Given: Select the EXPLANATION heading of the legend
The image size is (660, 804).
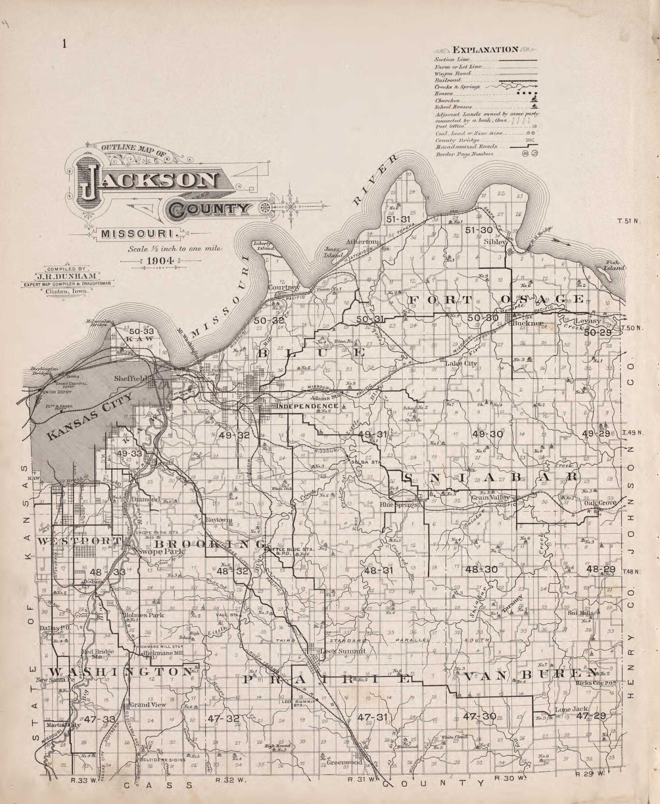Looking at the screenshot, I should coord(485,50).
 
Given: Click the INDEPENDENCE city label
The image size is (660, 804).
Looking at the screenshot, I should coord(307,406).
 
